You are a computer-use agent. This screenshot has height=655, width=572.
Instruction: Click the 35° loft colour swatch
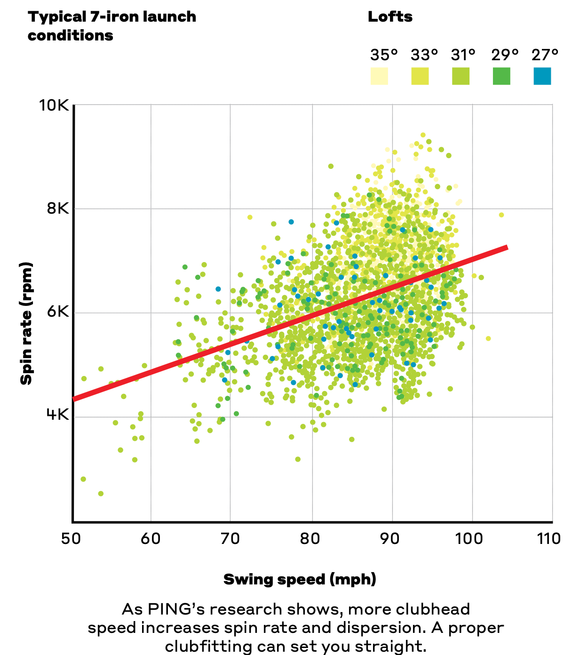(379, 76)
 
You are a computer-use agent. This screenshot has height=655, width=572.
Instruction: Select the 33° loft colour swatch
(420, 76)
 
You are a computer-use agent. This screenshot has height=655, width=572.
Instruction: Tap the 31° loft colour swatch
(461, 76)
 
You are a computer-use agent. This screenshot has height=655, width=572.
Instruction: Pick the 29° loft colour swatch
(501, 76)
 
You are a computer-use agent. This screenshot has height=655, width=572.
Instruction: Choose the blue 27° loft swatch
(542, 76)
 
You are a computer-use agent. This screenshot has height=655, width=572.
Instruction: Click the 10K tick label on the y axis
(54, 105)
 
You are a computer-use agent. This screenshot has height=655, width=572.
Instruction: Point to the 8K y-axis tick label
(57, 208)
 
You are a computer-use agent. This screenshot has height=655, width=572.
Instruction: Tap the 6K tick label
(57, 312)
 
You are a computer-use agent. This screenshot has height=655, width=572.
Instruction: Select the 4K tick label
(57, 415)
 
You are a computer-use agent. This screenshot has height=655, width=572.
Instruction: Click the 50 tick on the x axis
(71, 538)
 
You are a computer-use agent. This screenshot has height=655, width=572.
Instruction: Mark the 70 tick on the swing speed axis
(230, 538)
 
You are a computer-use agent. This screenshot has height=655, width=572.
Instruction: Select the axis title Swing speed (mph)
(300, 579)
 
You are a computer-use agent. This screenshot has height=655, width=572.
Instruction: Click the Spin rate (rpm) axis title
(26, 323)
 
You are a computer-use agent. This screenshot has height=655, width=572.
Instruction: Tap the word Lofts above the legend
(390, 17)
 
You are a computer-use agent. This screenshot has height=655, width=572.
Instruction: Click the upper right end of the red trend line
(506, 248)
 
